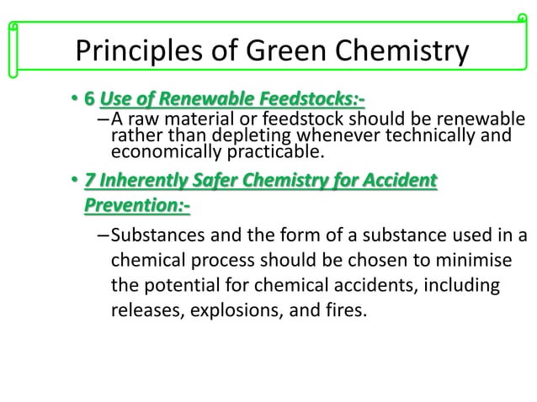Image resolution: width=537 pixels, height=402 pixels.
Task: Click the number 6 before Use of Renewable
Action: pyautogui.click(x=88, y=103)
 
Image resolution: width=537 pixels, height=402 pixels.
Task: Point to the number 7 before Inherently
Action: pyautogui.click(x=88, y=181)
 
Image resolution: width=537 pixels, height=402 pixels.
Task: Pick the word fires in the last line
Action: pyautogui.click(x=347, y=312)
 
